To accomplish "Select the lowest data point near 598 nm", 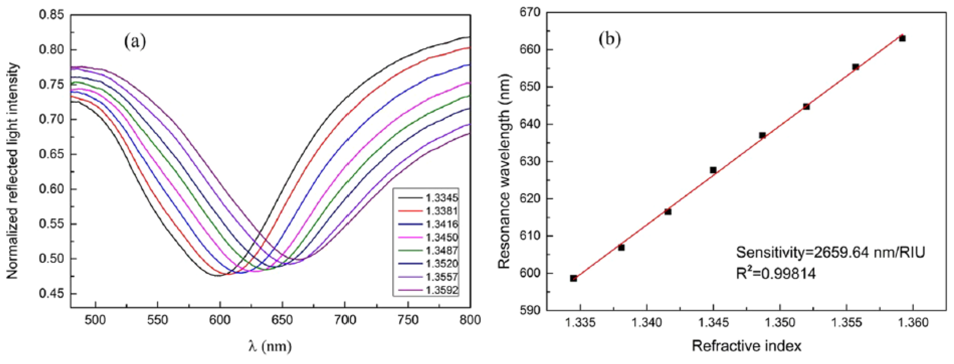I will [x=573, y=278].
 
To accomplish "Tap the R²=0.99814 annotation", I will [x=776, y=274].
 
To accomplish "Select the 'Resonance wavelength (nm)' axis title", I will [x=504, y=170].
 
